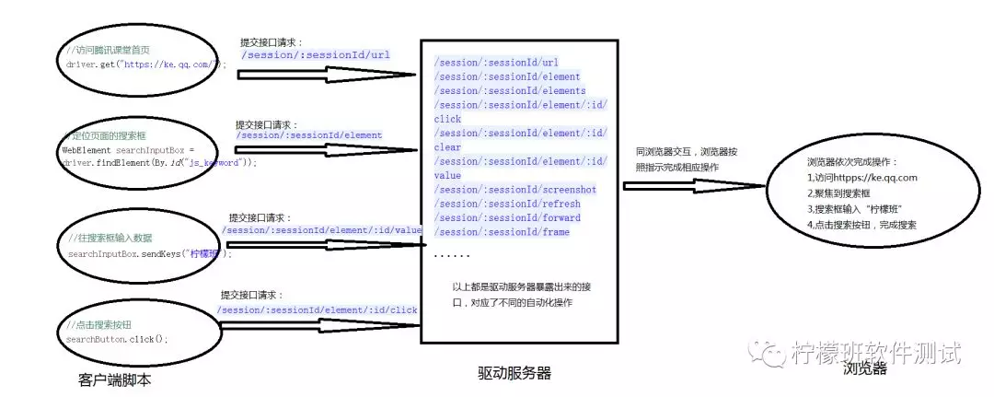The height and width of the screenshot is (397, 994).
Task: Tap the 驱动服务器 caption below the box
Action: pos(514,372)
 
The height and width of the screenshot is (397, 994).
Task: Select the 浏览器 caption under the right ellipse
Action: pos(864,368)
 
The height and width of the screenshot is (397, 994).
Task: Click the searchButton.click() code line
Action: pos(117,339)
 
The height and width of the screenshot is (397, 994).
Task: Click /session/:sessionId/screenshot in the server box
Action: pos(515,190)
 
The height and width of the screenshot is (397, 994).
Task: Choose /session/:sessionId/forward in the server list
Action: pos(509,217)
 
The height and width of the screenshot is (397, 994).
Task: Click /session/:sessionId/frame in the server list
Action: pos(503,232)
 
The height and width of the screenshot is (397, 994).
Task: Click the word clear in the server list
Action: pos(447,147)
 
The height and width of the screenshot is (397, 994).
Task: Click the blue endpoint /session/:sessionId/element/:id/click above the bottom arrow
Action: pos(318,310)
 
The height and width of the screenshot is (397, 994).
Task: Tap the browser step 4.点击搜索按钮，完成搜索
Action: pos(861,225)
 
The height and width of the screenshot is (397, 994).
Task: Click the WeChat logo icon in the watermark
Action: pos(765,350)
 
